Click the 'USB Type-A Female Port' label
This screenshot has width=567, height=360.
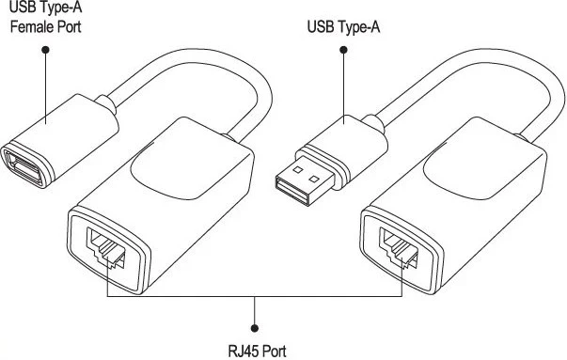[45, 17]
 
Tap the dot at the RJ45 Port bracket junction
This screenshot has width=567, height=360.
[255, 298]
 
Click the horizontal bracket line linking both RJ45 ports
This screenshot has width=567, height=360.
[188, 298]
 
